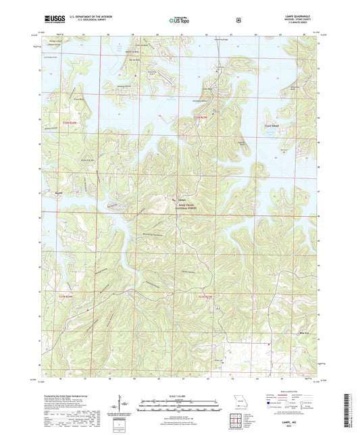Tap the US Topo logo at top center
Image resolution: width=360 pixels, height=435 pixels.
tap(179, 21)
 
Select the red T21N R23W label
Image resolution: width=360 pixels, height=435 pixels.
tap(204, 296)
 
